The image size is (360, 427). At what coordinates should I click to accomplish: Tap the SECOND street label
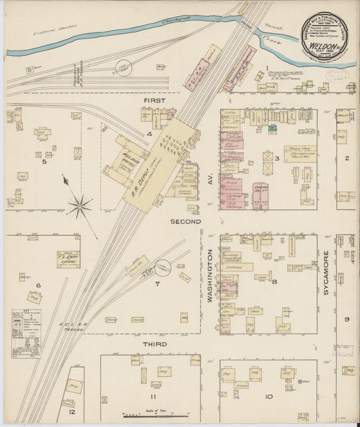pos(186,221)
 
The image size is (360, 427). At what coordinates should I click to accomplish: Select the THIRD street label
pos(155,344)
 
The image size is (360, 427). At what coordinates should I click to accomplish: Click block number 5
pos(45,161)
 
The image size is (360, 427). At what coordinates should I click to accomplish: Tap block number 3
pos(276,158)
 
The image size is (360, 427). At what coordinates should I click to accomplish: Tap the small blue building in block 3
pos(272,128)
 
